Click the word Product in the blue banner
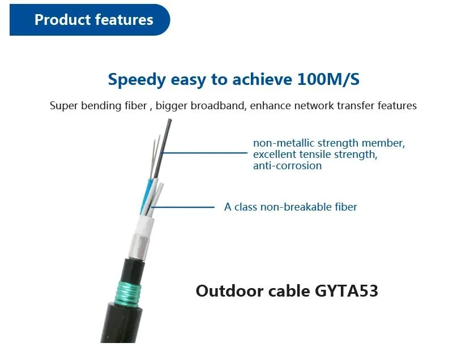point(59,20)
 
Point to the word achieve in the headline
point(260,79)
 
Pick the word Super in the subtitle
point(62,106)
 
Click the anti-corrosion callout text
point(287,166)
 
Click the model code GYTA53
point(345,291)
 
